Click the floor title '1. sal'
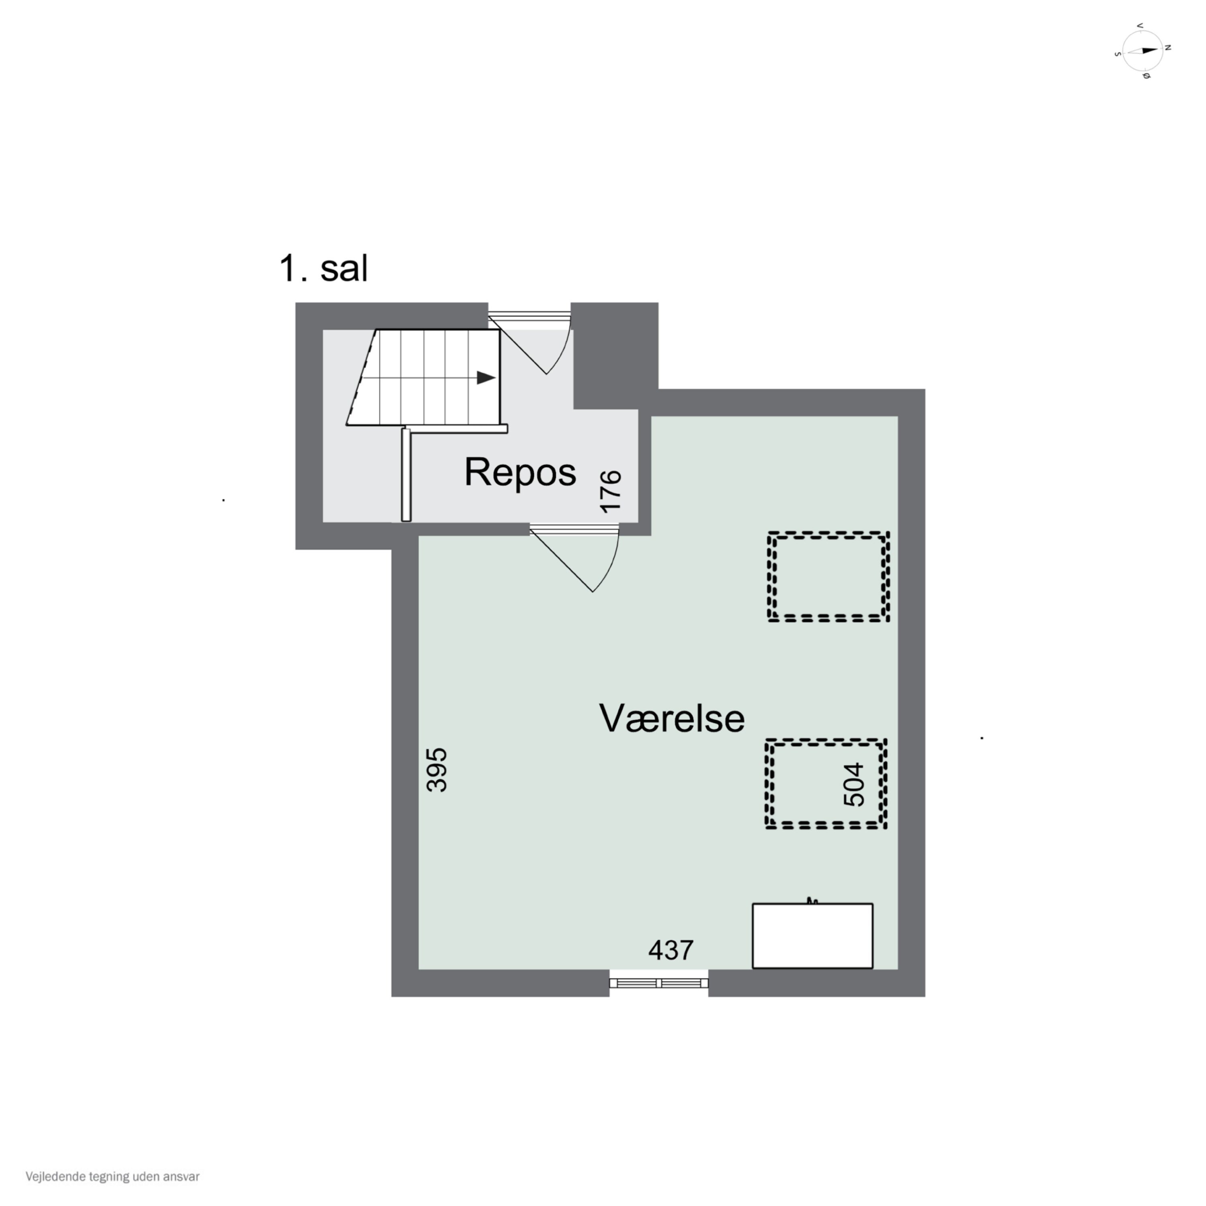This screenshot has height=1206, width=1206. point(323,269)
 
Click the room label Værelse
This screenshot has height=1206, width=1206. point(672,718)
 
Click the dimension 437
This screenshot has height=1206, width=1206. point(671,950)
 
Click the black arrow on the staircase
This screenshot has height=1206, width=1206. point(486,377)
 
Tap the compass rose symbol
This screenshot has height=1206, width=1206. point(1142,51)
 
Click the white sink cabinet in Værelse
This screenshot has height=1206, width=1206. point(812,936)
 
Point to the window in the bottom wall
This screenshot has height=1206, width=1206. point(658,983)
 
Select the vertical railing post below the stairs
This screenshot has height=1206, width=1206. point(406,474)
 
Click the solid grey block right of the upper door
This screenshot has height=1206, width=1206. point(615,355)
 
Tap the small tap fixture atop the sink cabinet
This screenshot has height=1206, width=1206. point(812,900)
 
